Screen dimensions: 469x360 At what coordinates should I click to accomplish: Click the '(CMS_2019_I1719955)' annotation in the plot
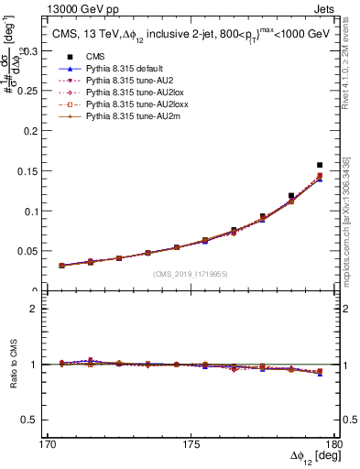tap(191, 273)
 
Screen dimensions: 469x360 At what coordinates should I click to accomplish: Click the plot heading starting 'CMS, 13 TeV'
tap(186, 35)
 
